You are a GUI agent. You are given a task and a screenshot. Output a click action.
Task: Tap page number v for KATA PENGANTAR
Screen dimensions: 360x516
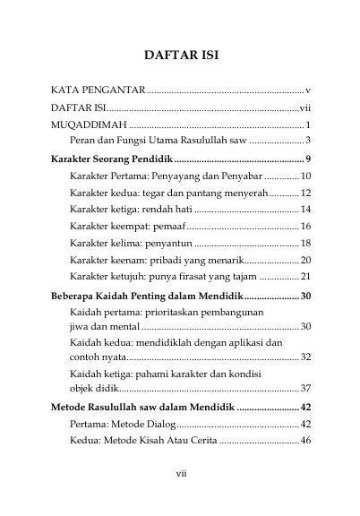click(307, 91)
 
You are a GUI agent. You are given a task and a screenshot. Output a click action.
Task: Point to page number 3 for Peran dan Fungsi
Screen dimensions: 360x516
click(307, 141)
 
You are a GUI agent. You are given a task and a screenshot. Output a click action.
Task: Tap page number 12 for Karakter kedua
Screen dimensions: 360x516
click(304, 193)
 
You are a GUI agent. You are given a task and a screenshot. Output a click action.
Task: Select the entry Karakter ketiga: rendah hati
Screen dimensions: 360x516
click(125, 210)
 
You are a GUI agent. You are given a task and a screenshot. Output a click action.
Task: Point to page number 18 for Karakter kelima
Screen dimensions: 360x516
click(304, 244)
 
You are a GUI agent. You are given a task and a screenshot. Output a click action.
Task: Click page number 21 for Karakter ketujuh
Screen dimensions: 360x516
click(304, 277)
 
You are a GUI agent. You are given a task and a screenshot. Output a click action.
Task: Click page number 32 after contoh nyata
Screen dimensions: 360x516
click(304, 357)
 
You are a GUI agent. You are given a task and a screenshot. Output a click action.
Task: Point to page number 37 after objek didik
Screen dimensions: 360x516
click(304, 388)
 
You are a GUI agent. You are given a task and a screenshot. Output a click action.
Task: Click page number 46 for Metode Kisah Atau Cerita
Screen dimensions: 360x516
click(304, 441)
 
